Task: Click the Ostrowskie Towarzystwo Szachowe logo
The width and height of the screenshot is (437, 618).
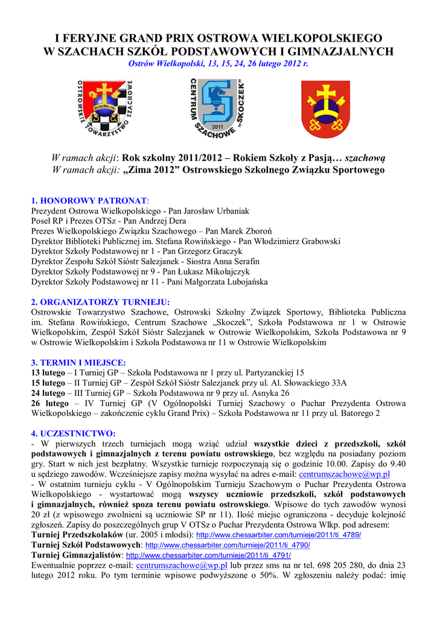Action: (107, 109)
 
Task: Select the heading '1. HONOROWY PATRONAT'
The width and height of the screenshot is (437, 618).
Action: (89, 200)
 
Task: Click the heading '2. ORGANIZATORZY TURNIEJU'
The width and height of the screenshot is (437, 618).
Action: (100, 302)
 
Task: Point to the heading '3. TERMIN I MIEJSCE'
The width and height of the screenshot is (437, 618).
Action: (78, 363)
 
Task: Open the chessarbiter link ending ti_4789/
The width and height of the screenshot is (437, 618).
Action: (279, 535)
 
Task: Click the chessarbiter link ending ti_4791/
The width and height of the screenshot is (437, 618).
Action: (208, 555)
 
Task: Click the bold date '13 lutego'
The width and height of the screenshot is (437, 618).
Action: (48, 373)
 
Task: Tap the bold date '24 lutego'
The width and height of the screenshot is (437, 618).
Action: (48, 393)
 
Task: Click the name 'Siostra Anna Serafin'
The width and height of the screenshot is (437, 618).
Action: (221, 261)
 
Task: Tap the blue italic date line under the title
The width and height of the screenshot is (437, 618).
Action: (218, 64)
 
